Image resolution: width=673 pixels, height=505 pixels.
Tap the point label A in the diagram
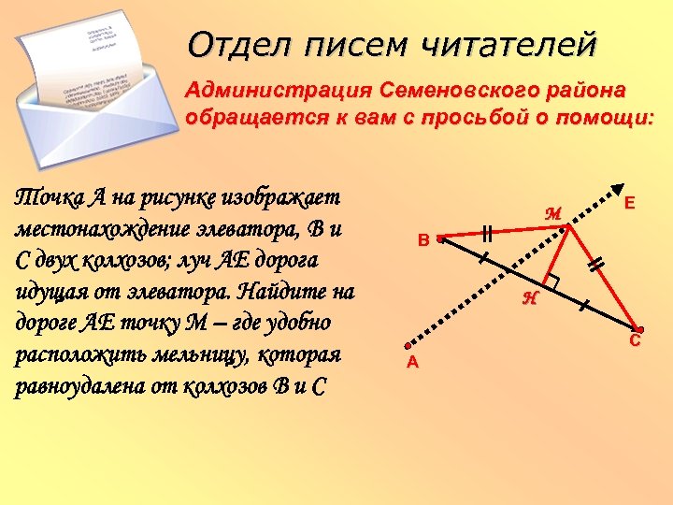(411, 363)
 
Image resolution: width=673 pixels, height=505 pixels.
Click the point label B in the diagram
(423, 240)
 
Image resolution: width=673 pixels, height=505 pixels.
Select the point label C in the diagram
(635, 342)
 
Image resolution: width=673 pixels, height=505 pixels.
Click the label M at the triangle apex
(552, 213)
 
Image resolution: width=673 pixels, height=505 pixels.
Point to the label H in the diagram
(530, 298)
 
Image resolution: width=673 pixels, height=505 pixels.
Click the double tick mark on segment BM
(486, 233)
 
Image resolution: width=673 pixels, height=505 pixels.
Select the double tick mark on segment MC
(594, 266)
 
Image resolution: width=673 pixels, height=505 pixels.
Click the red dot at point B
(439, 239)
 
